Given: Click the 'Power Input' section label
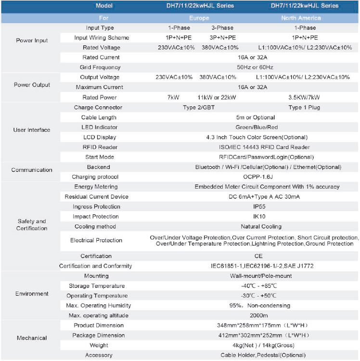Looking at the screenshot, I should click(31, 40).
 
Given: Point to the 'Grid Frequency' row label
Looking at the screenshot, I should click(100, 67).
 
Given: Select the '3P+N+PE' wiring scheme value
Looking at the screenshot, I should click(222, 38).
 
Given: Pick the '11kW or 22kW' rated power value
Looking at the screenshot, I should click(217, 97).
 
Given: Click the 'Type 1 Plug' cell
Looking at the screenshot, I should click(304, 107).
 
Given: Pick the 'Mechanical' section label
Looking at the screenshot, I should click(32, 338).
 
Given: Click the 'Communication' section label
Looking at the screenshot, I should click(32, 170).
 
